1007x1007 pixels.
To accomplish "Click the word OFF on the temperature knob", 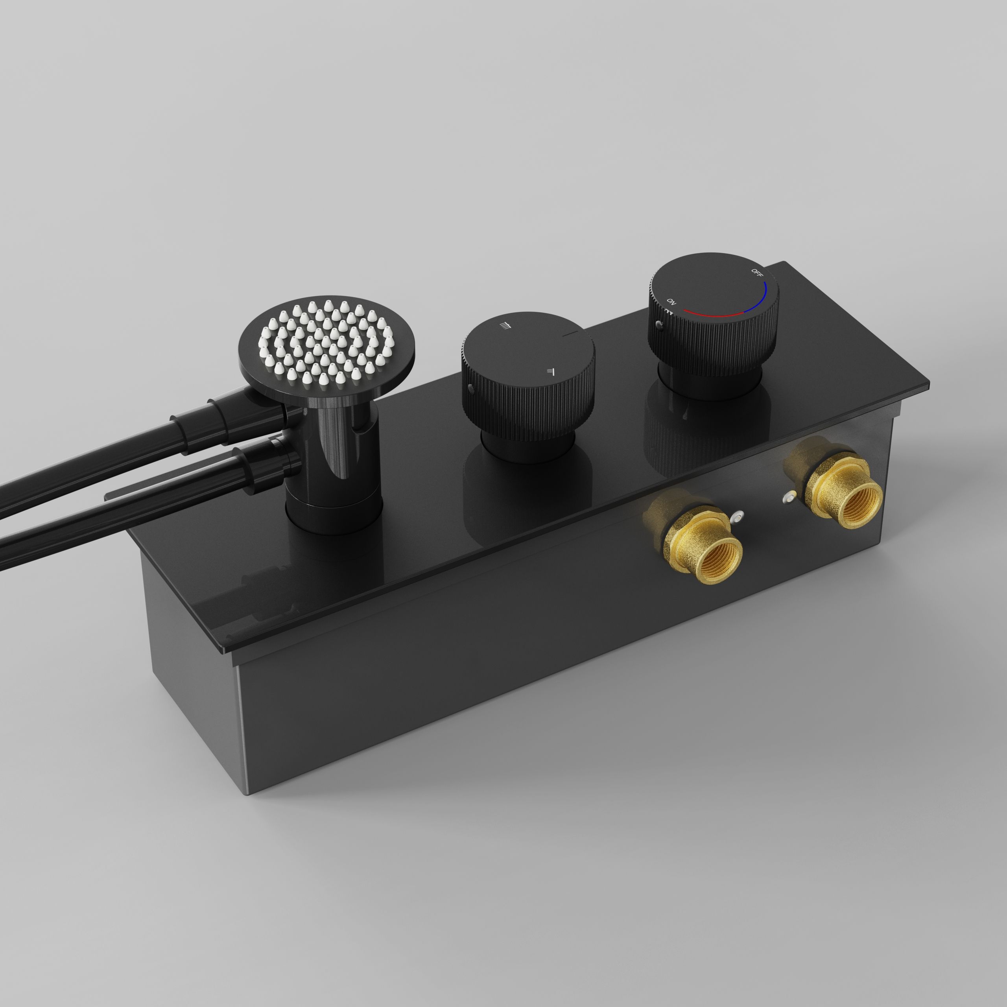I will [x=756, y=272].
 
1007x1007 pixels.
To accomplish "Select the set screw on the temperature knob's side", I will [x=659, y=326].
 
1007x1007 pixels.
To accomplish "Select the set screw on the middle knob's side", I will [x=471, y=388].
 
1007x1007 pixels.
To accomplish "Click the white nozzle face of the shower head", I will [x=326, y=339].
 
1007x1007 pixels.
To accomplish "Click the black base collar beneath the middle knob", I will [x=526, y=448].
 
